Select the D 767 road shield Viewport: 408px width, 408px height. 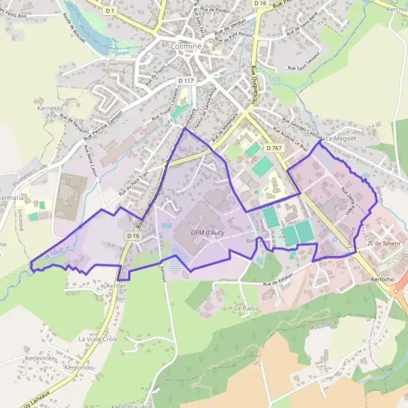[x=274, y=148]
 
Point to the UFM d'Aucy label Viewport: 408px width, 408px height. [x=208, y=234]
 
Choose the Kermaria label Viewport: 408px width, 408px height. [x=14, y=197]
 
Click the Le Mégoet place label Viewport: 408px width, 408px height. [x=341, y=138]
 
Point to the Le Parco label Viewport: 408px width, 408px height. [x=247, y=308]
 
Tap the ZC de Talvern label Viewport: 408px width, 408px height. [x=384, y=243]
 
